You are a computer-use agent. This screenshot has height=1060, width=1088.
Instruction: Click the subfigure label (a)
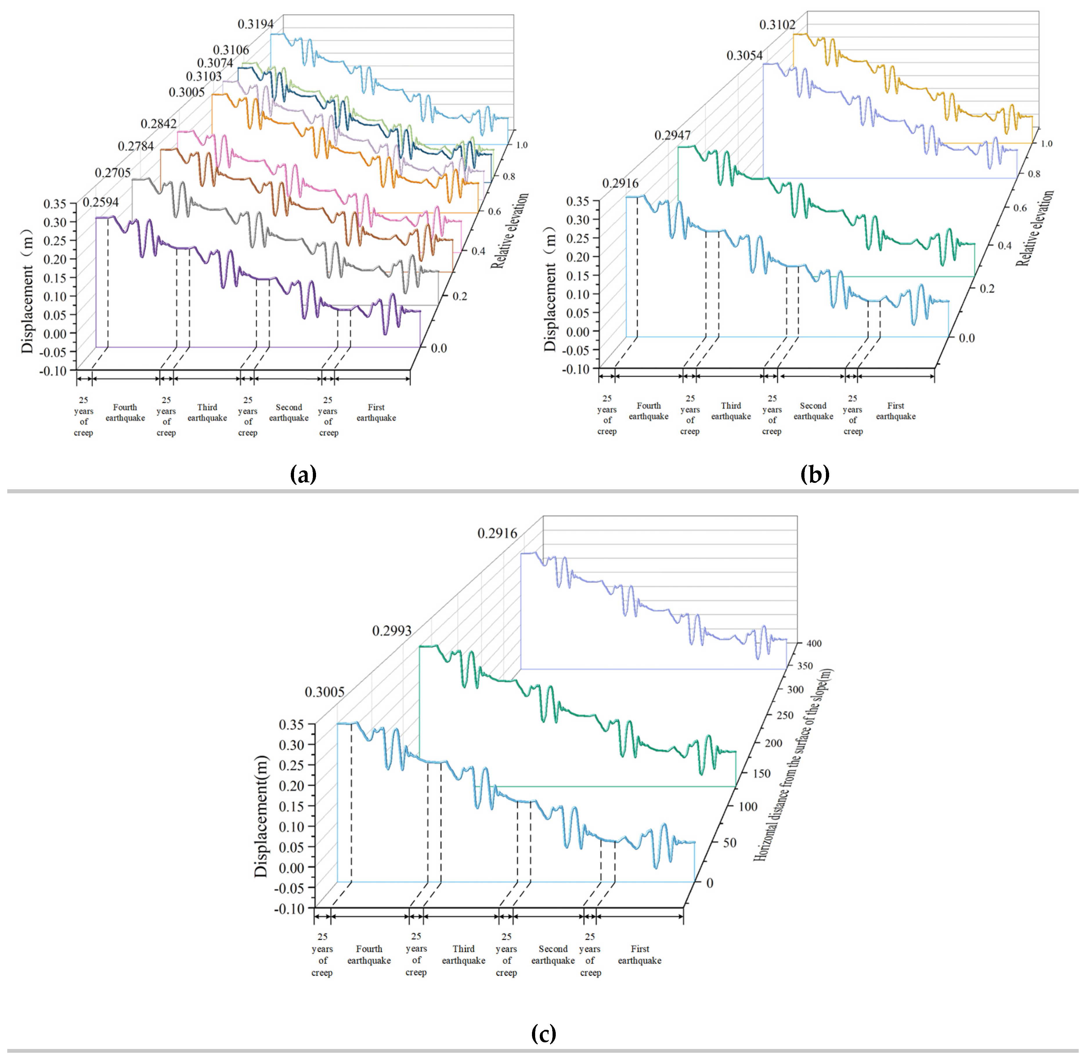click(304, 474)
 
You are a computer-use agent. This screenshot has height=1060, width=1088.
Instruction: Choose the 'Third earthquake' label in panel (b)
click(731, 411)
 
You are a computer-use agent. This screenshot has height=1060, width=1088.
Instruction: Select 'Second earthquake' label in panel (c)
click(553, 955)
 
